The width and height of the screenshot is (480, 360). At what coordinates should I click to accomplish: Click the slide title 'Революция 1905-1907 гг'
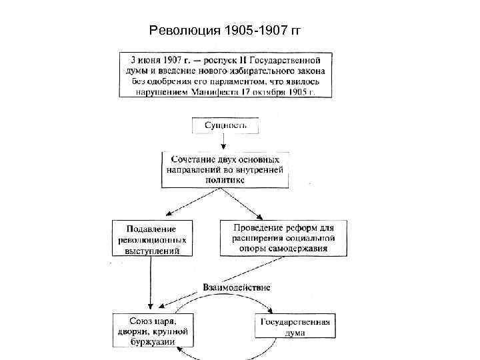point(226,30)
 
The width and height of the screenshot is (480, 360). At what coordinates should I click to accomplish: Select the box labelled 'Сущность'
point(225,125)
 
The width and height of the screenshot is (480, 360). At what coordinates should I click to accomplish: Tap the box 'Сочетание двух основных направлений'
point(225,169)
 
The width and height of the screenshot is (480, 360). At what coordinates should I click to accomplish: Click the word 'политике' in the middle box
point(225,179)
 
